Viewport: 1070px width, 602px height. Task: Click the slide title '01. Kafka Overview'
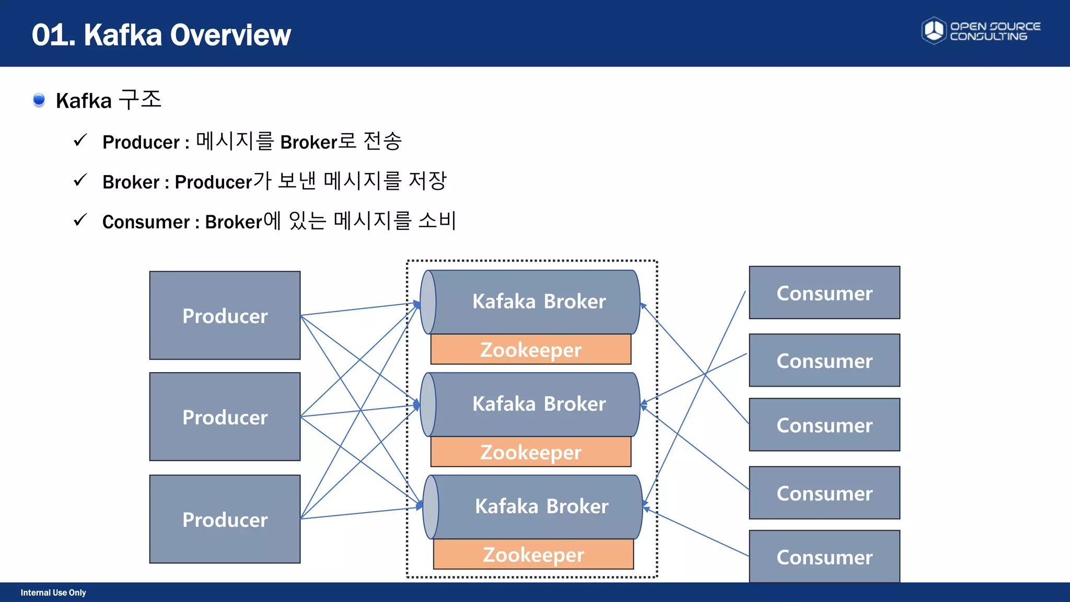[x=161, y=35]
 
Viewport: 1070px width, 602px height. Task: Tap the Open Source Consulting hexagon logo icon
[x=934, y=30]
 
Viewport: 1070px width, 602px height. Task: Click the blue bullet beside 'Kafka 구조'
[x=39, y=99]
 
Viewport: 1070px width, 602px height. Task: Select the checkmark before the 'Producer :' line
[x=80, y=140]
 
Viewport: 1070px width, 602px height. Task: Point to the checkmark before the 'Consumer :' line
[x=80, y=220]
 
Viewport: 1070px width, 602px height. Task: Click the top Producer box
[x=225, y=315]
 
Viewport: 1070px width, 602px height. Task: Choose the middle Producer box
[x=225, y=416]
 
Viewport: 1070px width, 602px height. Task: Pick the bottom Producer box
[x=225, y=519]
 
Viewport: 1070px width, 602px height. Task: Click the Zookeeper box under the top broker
[x=531, y=349]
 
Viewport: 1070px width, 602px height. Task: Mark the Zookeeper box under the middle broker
[x=531, y=451]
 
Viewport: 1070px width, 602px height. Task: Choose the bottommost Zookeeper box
[x=533, y=554]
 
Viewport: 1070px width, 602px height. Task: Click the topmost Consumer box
[x=824, y=293]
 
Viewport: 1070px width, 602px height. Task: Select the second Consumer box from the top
[x=824, y=361]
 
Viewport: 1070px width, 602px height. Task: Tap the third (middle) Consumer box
[x=824, y=425]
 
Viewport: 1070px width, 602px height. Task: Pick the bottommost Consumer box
[x=824, y=557]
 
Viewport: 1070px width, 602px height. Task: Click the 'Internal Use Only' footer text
[x=53, y=593]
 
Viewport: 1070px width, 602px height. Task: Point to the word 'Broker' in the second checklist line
[x=131, y=182]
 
